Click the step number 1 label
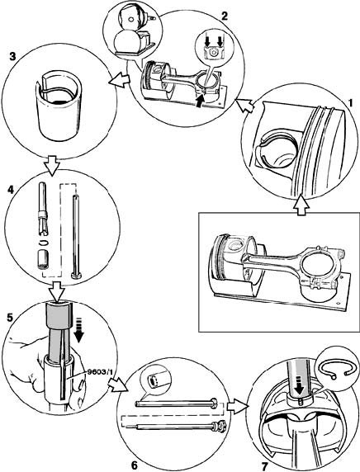pyautogui.click(x=350, y=103)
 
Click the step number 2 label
pyautogui.click(x=224, y=17)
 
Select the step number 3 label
pyautogui.click(x=12, y=57)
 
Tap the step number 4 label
pyautogui.click(x=10, y=191)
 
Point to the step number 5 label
pyautogui.click(x=10, y=318)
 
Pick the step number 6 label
pyautogui.click(x=135, y=465)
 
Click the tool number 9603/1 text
pyautogui.click(x=99, y=372)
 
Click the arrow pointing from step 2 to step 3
pyautogui.click(x=119, y=81)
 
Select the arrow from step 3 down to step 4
pyautogui.click(x=51, y=165)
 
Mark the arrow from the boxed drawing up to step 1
pyautogui.click(x=301, y=205)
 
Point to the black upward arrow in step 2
pyautogui.click(x=200, y=101)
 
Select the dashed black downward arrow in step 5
pyautogui.click(x=79, y=333)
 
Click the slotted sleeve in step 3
pyautogui.click(x=59, y=106)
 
